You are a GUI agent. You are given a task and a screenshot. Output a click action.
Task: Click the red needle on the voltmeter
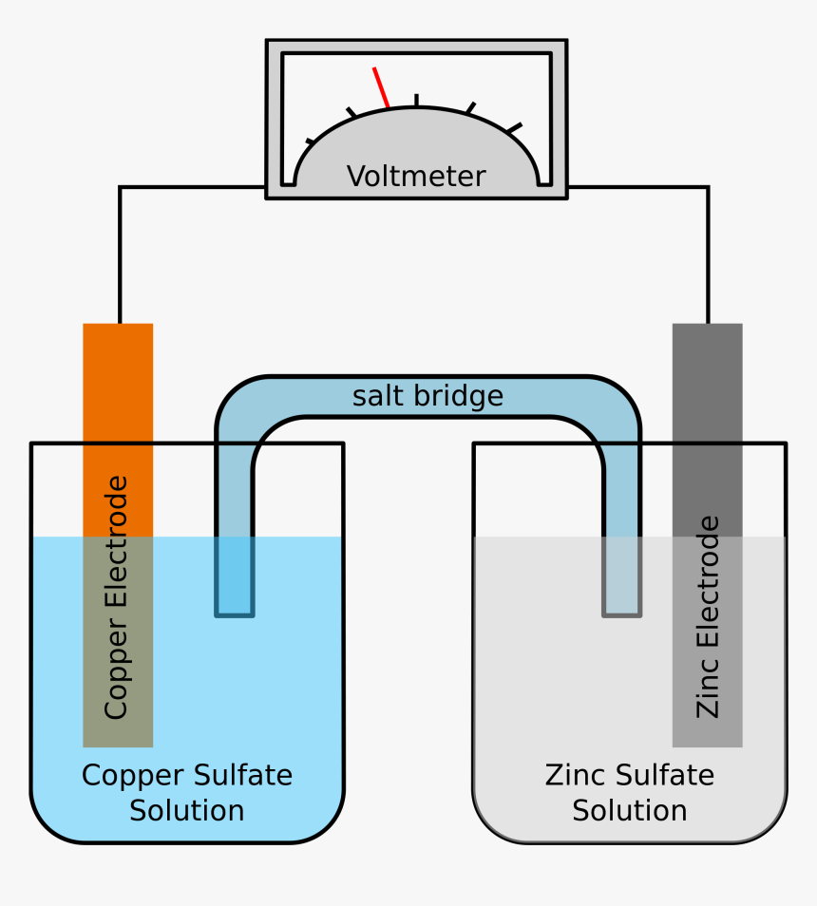[x=381, y=87]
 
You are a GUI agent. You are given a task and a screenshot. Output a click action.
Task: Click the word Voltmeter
[x=416, y=177]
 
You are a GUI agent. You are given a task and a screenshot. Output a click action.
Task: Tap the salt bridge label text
[x=427, y=396]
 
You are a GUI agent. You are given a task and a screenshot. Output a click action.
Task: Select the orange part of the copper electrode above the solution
[x=118, y=427]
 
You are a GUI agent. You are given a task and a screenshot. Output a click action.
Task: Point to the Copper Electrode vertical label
[x=116, y=598]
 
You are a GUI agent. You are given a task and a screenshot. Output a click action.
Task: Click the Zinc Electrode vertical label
[x=708, y=617]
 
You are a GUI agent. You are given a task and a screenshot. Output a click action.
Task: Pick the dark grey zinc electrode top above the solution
[x=708, y=427]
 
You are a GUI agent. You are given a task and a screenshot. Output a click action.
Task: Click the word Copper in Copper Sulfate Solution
[x=129, y=776]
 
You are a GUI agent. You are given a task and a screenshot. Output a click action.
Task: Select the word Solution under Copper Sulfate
[x=187, y=811]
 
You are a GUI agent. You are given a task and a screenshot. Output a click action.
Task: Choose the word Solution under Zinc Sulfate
[x=630, y=811]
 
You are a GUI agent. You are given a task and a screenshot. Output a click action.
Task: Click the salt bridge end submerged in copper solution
[x=235, y=579]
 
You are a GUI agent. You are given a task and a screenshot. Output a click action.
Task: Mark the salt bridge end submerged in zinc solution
[x=621, y=579]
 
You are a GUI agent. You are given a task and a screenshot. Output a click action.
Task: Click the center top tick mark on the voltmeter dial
[x=416, y=100]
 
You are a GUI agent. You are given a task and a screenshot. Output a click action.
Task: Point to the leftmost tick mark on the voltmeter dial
[x=310, y=142]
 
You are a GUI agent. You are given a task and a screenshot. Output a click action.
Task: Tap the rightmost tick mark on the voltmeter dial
[x=514, y=127]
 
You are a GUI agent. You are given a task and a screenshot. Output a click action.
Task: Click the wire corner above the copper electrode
[x=120, y=187]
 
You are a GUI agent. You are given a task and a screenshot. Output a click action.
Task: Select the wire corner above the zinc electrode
[x=708, y=187]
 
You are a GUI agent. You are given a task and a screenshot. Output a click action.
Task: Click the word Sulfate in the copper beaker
[x=241, y=776]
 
